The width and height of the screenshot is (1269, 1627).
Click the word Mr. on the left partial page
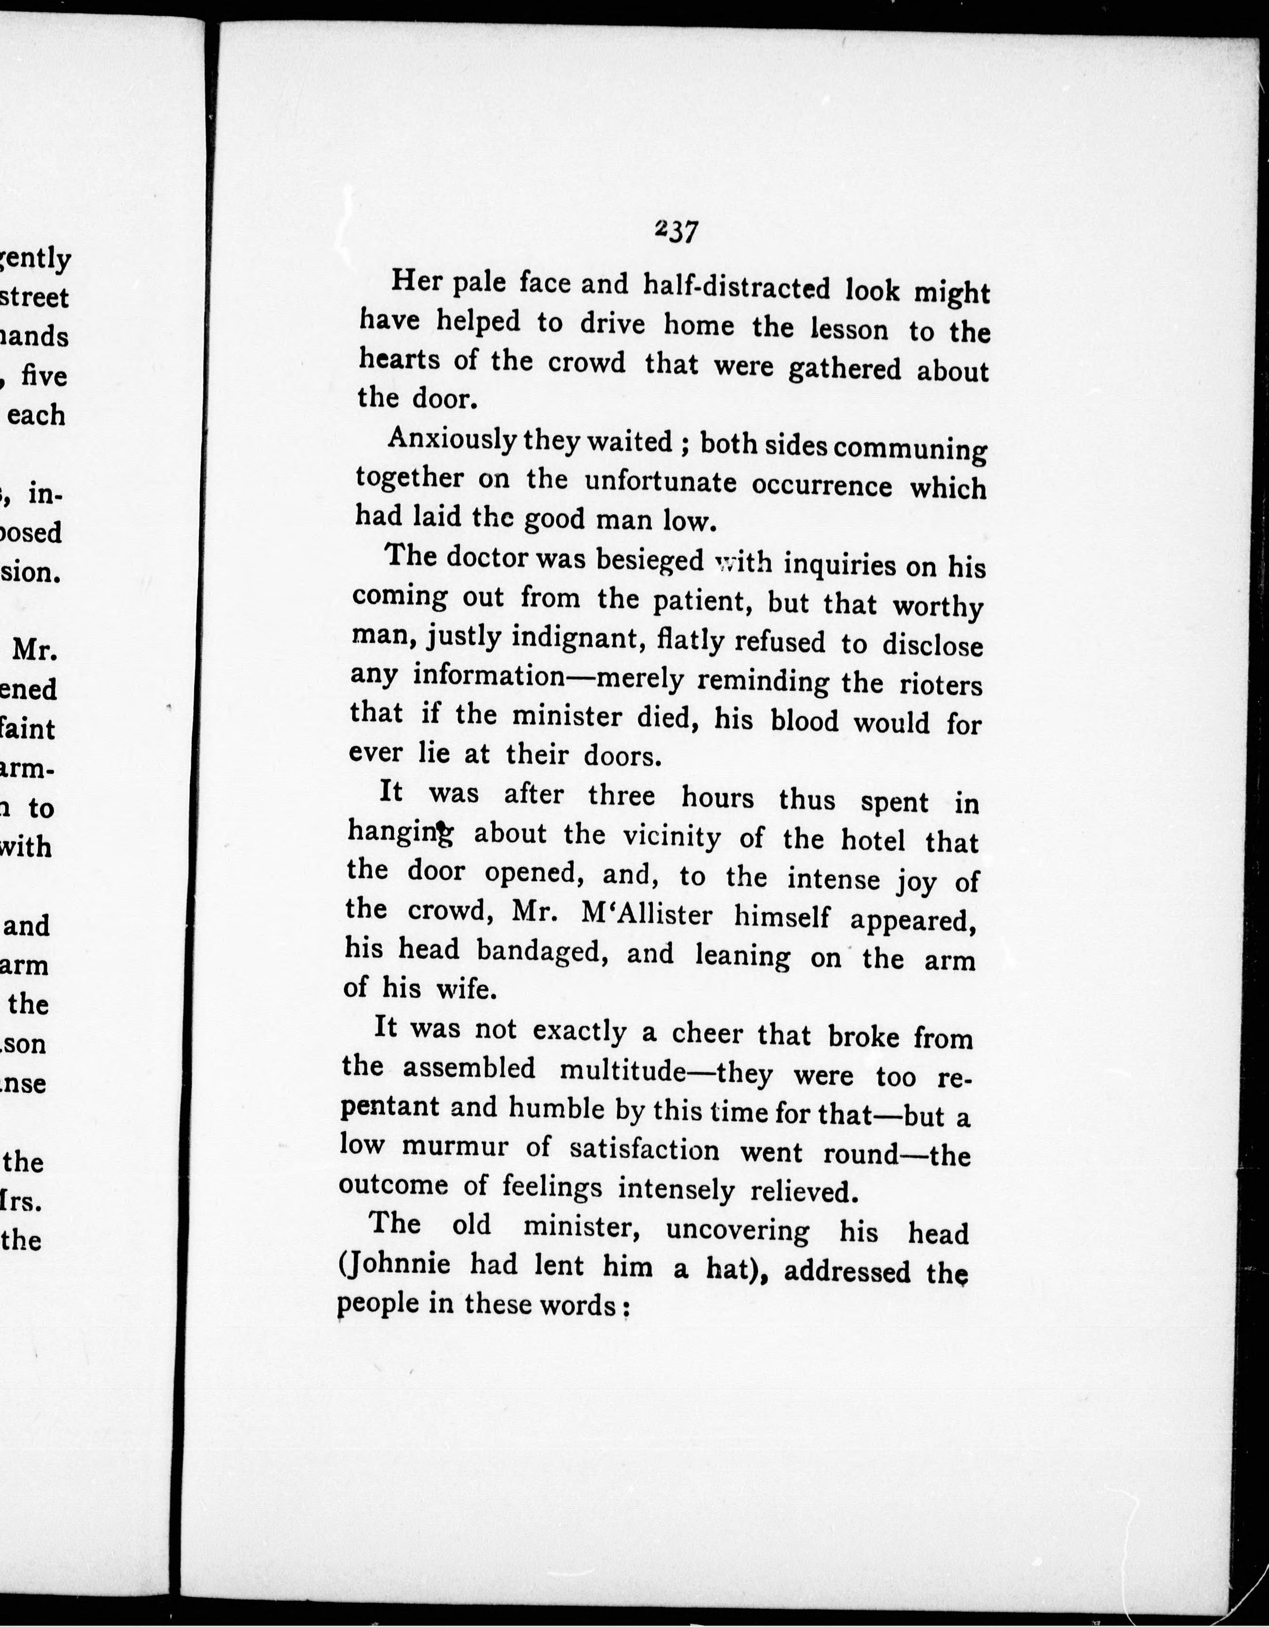tap(36, 650)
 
